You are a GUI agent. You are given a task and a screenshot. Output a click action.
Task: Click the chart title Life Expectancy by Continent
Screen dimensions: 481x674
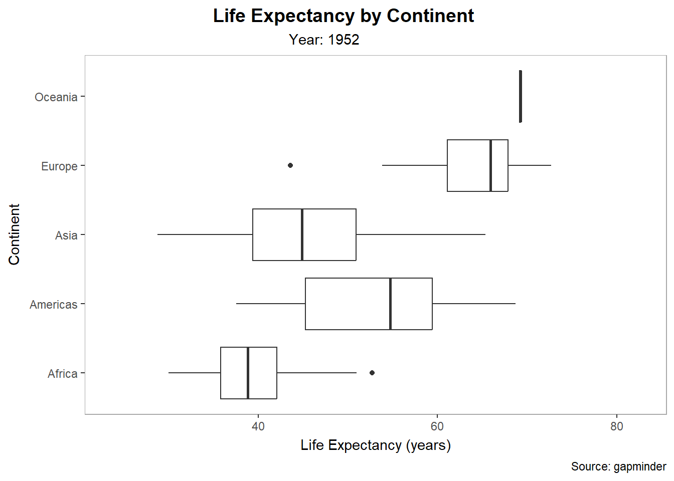[343, 16]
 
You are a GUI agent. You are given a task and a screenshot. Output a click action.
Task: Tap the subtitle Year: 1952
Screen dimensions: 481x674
[324, 40]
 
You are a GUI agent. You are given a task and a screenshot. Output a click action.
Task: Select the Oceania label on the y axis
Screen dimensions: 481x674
[56, 97]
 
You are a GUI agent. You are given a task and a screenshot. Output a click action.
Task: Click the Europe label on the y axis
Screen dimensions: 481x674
[59, 166]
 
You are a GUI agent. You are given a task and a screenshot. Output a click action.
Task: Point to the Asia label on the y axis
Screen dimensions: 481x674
[66, 235]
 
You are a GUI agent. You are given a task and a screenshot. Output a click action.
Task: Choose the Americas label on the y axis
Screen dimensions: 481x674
[53, 305]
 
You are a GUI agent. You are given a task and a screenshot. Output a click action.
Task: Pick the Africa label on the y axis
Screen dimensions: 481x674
[62, 374]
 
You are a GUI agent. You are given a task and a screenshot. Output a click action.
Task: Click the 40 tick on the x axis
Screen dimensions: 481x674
[258, 426]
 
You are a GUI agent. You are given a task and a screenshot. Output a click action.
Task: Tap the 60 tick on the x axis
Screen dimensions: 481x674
[437, 426]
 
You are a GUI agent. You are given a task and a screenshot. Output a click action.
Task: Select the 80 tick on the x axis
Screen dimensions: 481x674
[616, 426]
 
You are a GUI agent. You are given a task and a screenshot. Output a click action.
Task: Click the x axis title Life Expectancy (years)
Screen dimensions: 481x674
[376, 445]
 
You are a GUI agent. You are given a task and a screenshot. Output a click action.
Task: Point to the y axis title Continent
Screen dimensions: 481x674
[14, 234]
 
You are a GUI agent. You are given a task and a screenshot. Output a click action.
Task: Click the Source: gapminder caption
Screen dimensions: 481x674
[618, 467]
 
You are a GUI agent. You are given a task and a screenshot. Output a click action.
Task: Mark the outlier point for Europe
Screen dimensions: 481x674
[290, 165]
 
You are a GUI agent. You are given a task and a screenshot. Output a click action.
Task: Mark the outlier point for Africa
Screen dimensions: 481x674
[372, 373]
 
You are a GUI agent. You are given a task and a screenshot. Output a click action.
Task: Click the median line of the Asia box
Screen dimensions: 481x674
[302, 234]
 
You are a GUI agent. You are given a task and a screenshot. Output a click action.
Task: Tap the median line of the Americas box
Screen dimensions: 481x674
[390, 304]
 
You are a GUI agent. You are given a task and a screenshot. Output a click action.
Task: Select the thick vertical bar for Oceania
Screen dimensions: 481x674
[520, 96]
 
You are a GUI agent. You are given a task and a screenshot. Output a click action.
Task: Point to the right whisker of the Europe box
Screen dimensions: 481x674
[530, 165]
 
